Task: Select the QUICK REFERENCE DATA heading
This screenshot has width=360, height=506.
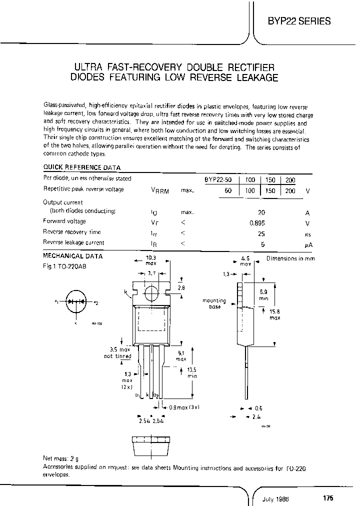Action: click(x=81, y=167)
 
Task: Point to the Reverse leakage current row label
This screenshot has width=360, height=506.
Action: click(x=73, y=243)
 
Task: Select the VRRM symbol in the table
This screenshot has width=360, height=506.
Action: click(x=159, y=190)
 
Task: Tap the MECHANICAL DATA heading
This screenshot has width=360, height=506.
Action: click(x=73, y=256)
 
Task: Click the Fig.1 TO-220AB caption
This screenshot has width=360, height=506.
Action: click(x=64, y=266)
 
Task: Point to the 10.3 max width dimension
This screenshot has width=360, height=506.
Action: click(x=151, y=259)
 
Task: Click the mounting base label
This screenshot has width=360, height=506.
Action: click(x=214, y=303)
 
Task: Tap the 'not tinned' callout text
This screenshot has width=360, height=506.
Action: click(x=117, y=356)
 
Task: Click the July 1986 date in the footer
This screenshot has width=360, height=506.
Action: click(x=276, y=498)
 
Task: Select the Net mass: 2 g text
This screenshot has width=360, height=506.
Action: click(x=61, y=458)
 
